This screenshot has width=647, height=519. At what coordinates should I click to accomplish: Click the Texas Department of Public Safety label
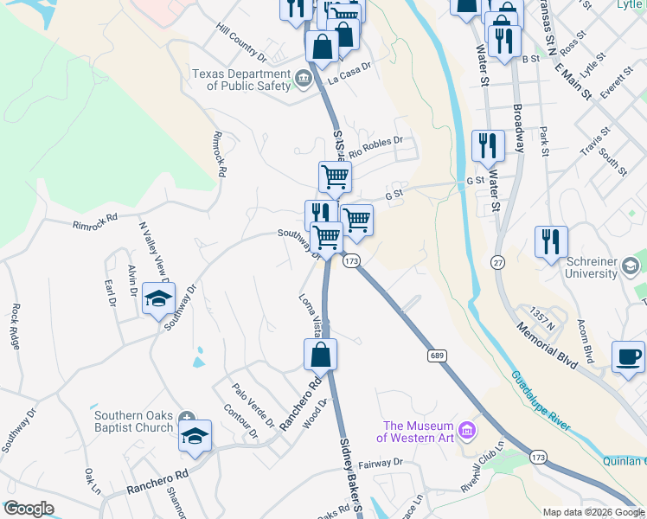tap(241, 80)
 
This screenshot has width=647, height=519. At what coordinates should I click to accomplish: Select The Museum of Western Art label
tap(419, 432)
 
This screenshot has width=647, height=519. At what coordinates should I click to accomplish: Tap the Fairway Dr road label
tap(381, 463)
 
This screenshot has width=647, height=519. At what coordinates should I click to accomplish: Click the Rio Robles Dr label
tap(375, 146)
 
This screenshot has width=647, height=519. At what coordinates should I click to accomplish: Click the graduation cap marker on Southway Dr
tap(157, 298)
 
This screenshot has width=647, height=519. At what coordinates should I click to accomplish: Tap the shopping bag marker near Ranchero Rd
tap(319, 355)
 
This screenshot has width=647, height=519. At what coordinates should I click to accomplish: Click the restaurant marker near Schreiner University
tap(550, 241)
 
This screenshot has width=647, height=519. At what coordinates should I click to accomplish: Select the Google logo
tap(29, 509)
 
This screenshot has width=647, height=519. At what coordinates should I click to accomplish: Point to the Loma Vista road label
tap(311, 316)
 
